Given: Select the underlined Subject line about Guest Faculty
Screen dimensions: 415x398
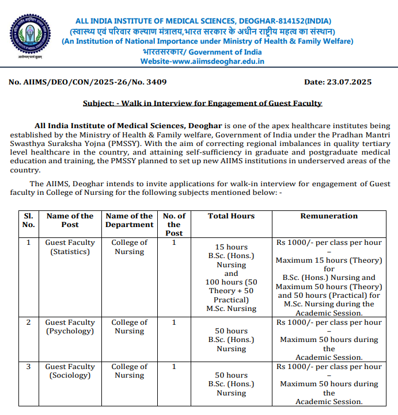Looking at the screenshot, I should (x=202, y=103).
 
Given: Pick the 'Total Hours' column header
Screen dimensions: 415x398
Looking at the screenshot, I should (x=231, y=216).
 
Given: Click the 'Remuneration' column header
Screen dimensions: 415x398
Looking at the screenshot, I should (x=329, y=216).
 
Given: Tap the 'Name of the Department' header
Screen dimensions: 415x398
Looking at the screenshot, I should (x=130, y=220).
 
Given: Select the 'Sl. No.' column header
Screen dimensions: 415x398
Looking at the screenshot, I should (x=28, y=220).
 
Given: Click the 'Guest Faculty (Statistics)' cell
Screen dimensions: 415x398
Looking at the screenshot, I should (x=70, y=247).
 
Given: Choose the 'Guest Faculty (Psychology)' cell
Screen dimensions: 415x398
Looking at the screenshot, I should (x=70, y=326).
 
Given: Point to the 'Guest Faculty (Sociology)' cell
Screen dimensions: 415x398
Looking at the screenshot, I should (x=70, y=371).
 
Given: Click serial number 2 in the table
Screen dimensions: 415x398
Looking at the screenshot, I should (x=28, y=322).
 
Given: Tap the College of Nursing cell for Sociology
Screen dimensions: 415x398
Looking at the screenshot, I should (x=130, y=371).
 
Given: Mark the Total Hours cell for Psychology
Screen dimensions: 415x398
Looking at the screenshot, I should (x=231, y=340).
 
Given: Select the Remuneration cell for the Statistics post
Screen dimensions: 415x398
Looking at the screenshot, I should (x=329, y=278).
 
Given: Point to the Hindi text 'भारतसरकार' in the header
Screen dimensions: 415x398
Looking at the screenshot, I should (x=166, y=51).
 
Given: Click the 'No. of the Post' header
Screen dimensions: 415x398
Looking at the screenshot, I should (x=174, y=224).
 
